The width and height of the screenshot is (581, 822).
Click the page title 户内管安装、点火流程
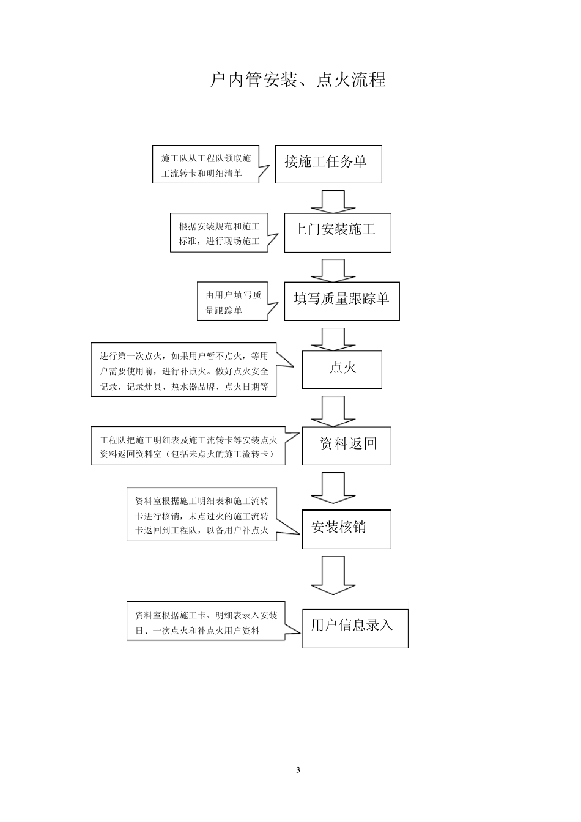[x=298, y=80]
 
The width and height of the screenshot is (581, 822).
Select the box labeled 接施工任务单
[x=328, y=164]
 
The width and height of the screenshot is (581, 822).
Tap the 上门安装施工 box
[x=338, y=232]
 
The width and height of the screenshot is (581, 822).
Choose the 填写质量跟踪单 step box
[x=342, y=301]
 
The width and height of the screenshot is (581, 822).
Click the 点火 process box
[x=342, y=369]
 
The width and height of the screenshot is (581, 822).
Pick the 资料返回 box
[x=346, y=445]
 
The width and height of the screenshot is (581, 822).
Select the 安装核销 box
[x=346, y=528]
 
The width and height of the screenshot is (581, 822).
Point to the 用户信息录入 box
[x=355, y=628]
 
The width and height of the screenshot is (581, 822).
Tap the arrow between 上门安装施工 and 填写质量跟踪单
[x=333, y=269]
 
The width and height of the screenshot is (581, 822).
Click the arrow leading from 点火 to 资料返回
[x=333, y=410]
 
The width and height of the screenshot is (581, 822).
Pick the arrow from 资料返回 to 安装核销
[x=333, y=487]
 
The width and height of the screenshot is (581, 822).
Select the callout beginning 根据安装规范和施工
[x=218, y=233]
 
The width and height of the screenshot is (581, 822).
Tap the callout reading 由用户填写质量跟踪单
[x=232, y=302]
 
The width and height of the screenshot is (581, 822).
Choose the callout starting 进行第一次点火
[x=183, y=371]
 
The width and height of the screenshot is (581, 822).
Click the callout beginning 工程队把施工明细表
[x=188, y=446]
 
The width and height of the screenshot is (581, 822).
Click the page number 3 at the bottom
[x=298, y=770]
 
